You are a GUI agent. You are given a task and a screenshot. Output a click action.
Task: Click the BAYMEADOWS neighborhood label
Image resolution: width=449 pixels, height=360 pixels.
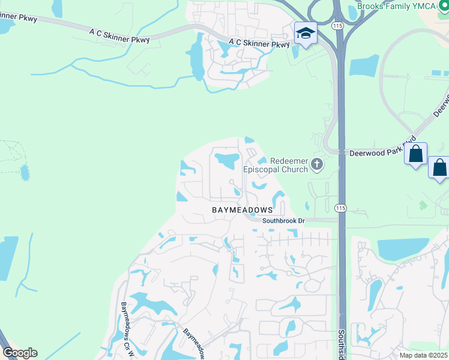point(242,210)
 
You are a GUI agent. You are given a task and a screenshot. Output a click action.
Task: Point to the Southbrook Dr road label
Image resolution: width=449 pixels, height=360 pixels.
point(283,221)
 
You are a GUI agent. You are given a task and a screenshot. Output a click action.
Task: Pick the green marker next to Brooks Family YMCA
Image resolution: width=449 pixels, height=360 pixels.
point(444,6)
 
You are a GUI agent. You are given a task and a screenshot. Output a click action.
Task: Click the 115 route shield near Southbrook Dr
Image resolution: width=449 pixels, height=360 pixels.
point(340,208)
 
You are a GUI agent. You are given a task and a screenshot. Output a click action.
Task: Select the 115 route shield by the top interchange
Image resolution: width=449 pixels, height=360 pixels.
point(337,26)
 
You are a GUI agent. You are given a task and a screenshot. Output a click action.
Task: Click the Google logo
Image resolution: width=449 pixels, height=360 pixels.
point(20,353)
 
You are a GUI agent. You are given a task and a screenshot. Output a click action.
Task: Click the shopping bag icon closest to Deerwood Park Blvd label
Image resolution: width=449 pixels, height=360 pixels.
point(415,155)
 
